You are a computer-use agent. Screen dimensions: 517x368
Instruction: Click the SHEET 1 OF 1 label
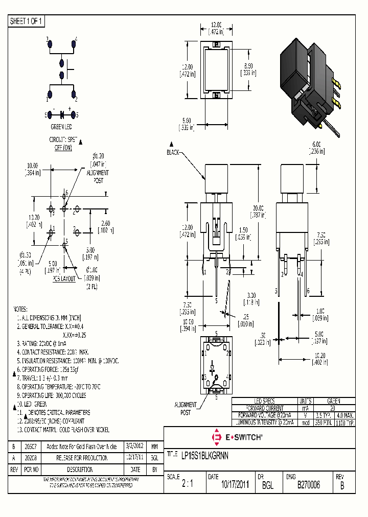click(27, 21)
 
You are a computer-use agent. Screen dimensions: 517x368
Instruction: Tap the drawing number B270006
click(308, 485)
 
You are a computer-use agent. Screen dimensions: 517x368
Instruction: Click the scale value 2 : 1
click(188, 485)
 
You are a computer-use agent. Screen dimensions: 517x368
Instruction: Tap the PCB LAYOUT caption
click(62, 278)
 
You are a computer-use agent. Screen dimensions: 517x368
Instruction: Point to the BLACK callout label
click(173, 152)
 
